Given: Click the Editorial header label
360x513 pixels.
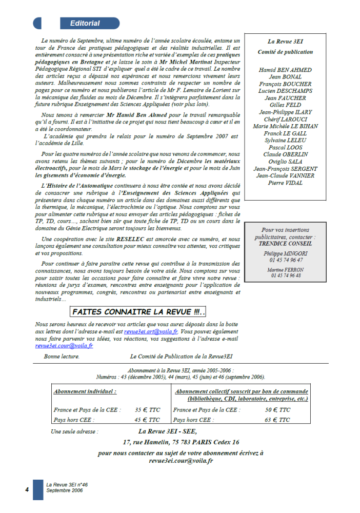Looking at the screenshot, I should [x=85, y=23].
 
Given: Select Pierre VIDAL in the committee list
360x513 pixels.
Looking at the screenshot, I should [x=285, y=183].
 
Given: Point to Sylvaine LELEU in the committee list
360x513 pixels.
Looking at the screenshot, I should [x=285, y=140].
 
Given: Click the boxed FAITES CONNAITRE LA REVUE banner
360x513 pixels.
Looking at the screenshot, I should [x=138, y=311].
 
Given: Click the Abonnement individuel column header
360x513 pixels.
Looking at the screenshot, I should [x=85, y=391].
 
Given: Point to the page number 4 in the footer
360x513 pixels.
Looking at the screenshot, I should [x=27, y=489].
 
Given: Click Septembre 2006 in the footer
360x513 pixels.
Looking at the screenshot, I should [x=64, y=490].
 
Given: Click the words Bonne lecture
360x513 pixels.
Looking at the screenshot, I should [x=62, y=356].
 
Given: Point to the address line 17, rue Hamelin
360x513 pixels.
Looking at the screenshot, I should [x=181, y=442].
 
